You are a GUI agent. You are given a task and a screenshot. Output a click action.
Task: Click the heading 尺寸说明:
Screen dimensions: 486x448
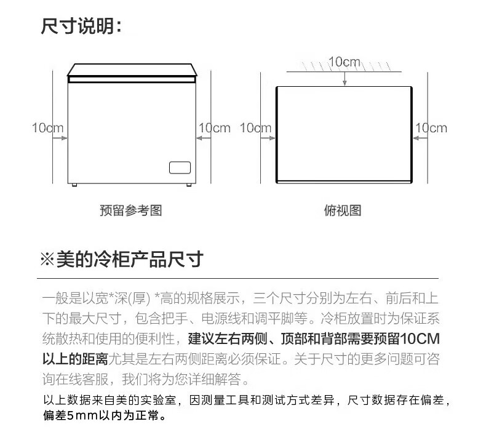click(x=82, y=26)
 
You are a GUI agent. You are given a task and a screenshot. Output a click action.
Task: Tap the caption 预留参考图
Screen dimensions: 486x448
click(x=130, y=210)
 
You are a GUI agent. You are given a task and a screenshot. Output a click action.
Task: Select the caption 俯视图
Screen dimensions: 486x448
click(x=342, y=210)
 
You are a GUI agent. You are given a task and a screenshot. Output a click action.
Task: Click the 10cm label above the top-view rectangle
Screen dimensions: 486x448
click(x=344, y=62)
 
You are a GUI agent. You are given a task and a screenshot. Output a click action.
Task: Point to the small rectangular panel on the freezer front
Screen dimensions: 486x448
click(x=180, y=167)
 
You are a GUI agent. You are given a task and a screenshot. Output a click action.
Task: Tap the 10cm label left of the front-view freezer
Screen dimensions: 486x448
click(x=47, y=128)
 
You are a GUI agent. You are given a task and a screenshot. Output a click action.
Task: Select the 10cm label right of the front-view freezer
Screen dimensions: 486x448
click(x=213, y=128)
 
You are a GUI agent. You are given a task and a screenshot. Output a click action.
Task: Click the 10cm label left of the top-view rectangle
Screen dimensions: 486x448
click(x=255, y=128)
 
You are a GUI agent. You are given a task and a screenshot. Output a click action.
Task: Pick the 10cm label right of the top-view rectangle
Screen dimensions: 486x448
click(x=431, y=128)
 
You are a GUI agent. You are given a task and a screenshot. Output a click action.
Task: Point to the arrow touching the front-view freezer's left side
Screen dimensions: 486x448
click(x=60, y=139)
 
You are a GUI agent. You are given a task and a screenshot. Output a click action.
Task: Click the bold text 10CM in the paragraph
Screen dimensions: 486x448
click(x=420, y=339)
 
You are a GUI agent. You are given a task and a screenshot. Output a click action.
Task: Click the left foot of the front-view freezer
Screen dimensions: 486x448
click(x=74, y=184)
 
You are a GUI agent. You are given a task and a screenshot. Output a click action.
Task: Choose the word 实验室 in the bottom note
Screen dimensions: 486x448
click(x=158, y=401)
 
